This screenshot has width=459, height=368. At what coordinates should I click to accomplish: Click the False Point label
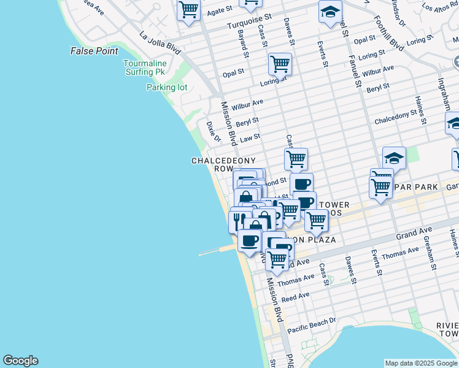pos(94,51)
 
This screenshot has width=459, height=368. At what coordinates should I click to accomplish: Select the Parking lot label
pos(166,88)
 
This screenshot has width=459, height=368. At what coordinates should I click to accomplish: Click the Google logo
pos(20,361)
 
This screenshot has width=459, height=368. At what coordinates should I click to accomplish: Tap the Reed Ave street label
pos(296,297)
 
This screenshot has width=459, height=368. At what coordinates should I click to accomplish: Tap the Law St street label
pos(250,139)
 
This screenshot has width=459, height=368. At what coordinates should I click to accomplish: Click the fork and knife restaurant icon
pos(237,220)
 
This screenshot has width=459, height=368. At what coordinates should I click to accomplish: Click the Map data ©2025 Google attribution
pos(421,363)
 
